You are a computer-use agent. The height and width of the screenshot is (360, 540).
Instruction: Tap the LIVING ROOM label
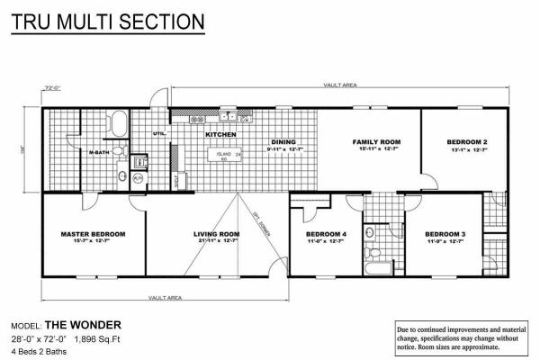click(x=216, y=233)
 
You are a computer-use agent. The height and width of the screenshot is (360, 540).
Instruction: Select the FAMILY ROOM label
click(x=375, y=142)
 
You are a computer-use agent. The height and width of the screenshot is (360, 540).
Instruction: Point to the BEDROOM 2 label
click(x=467, y=142)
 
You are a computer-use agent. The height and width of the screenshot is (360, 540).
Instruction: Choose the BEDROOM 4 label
click(x=323, y=233)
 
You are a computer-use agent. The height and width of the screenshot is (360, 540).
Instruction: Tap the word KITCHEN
click(x=220, y=135)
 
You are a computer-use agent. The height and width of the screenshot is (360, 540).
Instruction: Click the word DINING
click(x=284, y=142)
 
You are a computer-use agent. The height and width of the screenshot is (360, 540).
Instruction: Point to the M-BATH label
click(x=99, y=154)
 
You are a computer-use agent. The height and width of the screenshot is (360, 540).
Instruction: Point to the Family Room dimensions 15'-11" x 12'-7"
click(x=375, y=150)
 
